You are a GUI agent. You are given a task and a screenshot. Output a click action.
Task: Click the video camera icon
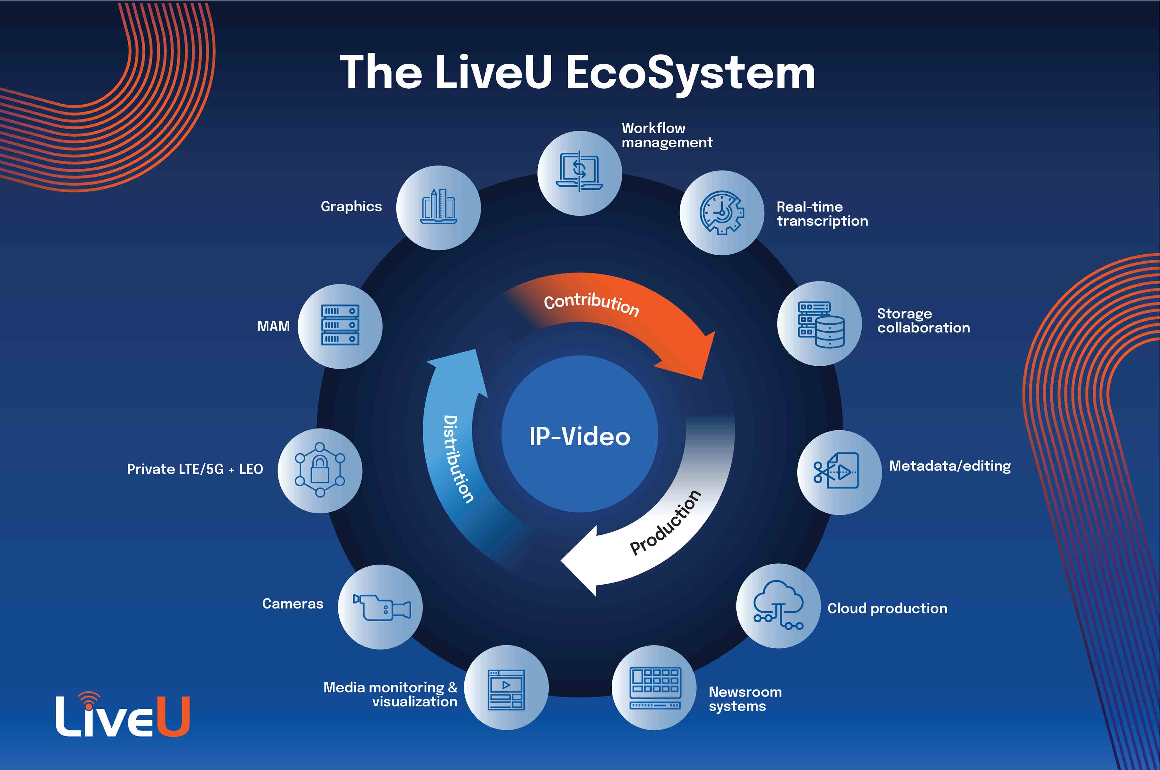coord(382,607)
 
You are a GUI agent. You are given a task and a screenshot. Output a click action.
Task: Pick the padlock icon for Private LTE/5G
coord(320,470)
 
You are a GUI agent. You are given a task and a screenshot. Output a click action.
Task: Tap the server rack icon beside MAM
coord(340,325)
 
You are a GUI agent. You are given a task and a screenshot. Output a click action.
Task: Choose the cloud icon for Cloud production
coord(778,605)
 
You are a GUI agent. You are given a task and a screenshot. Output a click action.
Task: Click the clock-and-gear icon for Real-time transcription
coord(722,213)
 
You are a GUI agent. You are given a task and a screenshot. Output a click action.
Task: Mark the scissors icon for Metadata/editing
coord(821,472)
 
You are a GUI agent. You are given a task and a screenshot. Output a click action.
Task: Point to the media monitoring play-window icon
coord(506,690)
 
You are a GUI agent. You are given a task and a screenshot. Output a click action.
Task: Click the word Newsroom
coord(745,692)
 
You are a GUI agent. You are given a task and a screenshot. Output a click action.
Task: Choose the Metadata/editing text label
coord(950,466)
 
